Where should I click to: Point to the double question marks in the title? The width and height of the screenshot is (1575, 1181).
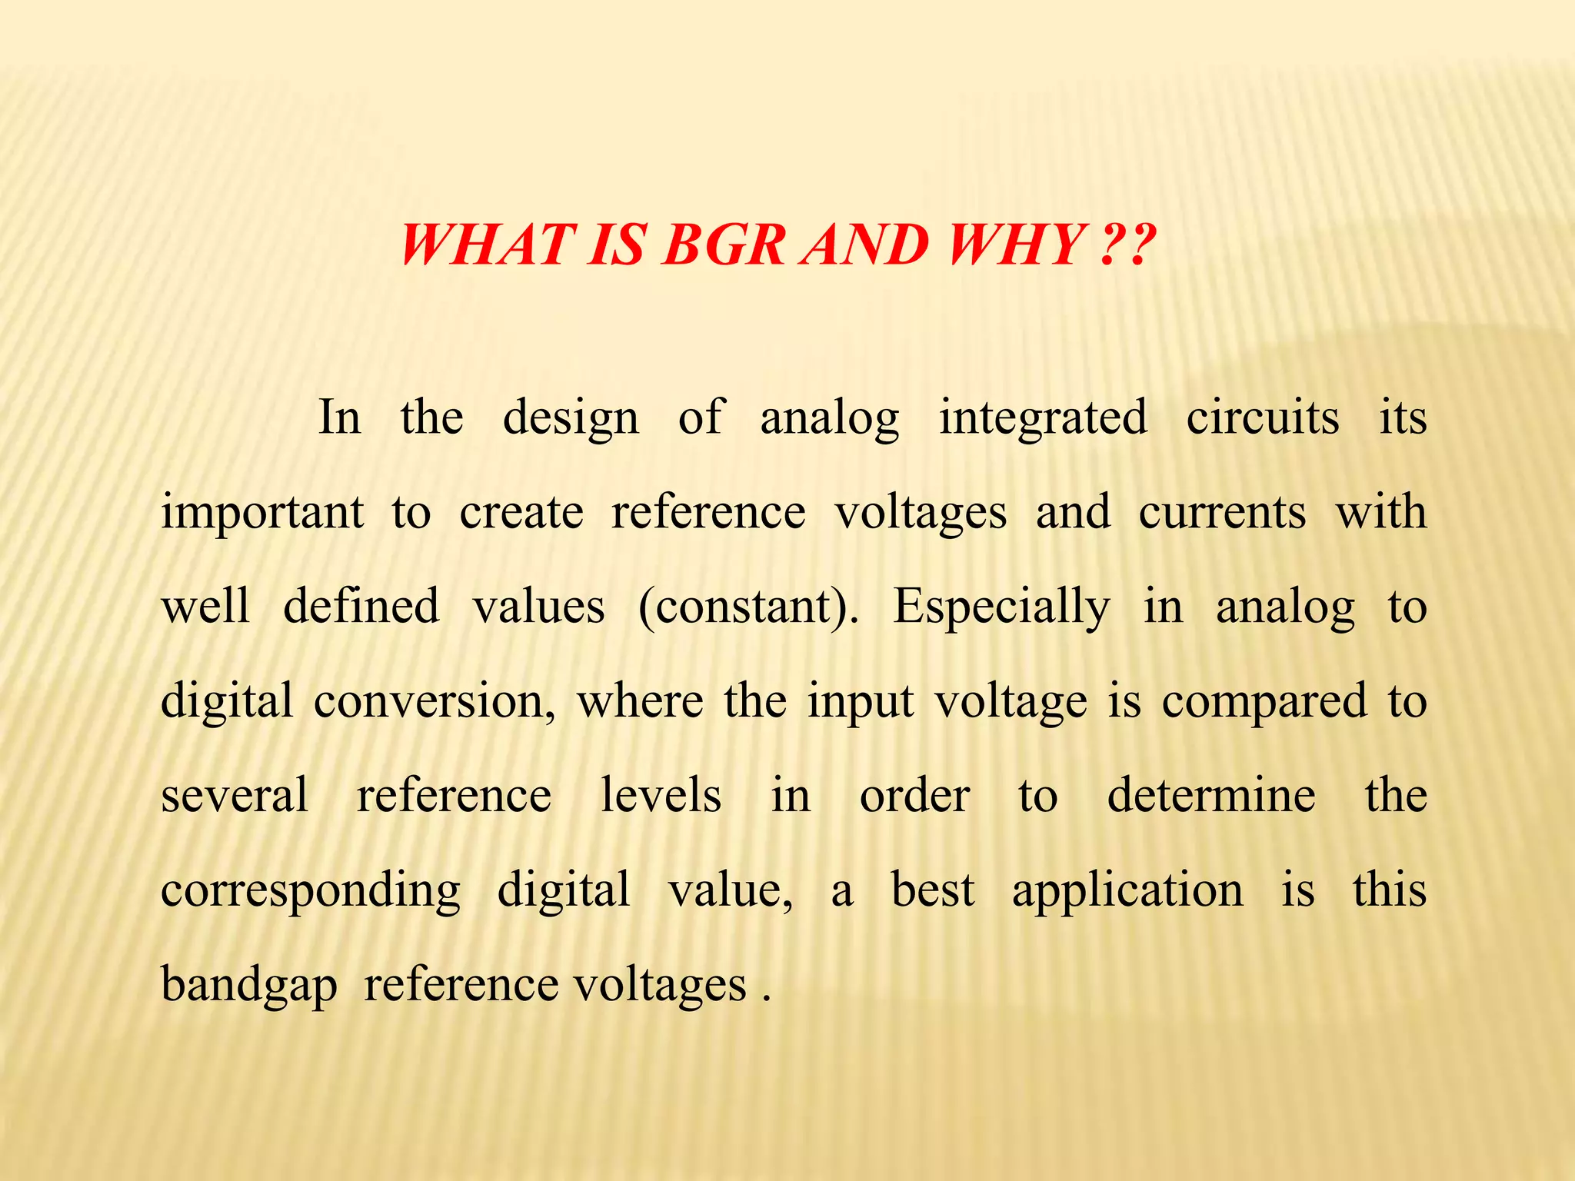[x=1128, y=245]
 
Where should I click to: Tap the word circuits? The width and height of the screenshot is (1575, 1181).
[x=1263, y=418]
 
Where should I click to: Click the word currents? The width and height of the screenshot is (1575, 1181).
[x=1222, y=512]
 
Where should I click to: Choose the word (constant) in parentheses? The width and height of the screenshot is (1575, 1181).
[x=748, y=607]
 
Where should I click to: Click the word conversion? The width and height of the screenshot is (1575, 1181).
[x=435, y=701]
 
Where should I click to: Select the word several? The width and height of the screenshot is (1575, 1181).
[x=235, y=795]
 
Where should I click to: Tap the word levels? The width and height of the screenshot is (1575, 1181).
[x=661, y=795]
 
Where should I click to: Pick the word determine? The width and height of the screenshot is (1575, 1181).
[x=1211, y=795]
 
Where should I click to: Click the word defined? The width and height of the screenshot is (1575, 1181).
[x=361, y=607]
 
